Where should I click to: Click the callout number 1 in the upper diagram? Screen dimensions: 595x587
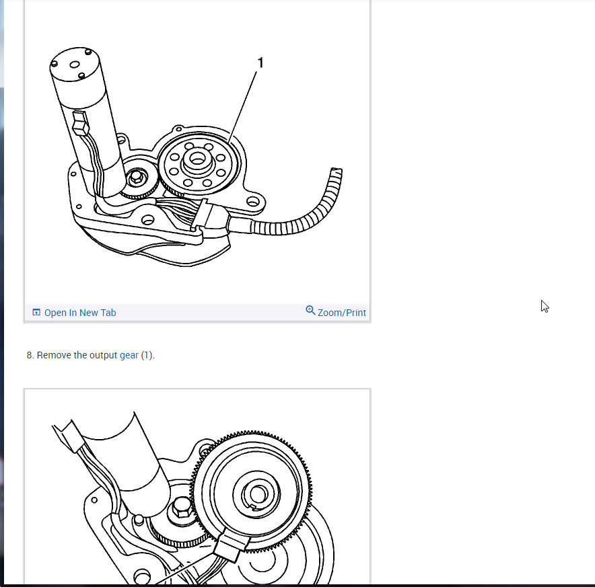260,63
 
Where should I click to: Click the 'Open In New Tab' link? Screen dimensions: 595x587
80,313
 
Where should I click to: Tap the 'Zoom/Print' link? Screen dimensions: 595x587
341,313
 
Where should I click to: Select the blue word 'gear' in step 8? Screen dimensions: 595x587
129,355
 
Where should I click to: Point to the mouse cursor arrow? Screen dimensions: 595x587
545,307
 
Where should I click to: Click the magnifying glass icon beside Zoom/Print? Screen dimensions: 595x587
310,310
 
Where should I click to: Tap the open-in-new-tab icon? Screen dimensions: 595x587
36,312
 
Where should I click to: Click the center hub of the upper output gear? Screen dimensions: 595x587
197,159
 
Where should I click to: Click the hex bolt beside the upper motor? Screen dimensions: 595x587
136,178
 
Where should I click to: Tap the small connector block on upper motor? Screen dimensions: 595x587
81,123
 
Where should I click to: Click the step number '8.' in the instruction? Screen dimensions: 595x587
30,355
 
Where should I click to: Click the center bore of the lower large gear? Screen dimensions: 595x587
257,494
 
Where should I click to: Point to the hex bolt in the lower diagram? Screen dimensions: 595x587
182,508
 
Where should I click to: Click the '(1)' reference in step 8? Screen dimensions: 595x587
147,355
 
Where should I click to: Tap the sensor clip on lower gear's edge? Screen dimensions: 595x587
232,543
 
